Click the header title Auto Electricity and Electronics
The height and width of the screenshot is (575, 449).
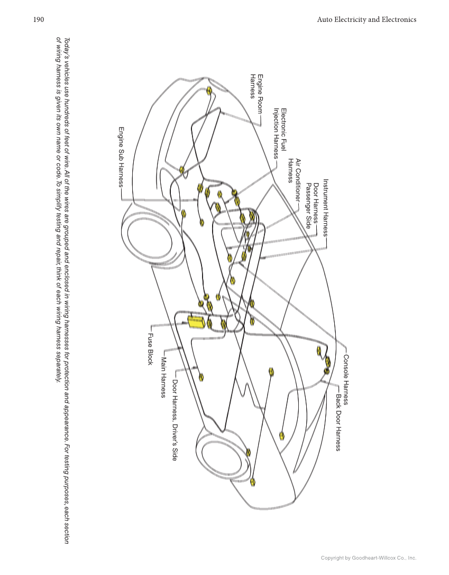coord(366,20)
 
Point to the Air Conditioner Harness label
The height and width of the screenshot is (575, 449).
coord(294,170)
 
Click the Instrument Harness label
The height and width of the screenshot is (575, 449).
coord(326,207)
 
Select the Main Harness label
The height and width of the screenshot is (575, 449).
coord(163,378)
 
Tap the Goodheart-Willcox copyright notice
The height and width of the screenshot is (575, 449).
coord(369,558)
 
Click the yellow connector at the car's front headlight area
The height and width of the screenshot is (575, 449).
coord(209,91)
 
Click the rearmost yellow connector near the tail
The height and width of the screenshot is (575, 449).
coord(253,482)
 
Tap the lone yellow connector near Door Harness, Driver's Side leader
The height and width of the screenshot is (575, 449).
coord(201,377)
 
